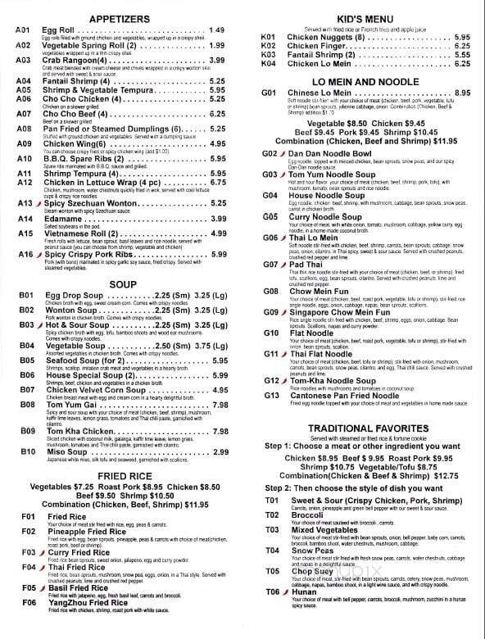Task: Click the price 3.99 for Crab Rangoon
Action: pyautogui.click(x=217, y=61)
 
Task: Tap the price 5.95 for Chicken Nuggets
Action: pyautogui.click(x=461, y=37)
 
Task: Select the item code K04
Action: pyautogui.click(x=269, y=64)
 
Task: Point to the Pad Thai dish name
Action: pyautogui.click(x=304, y=265)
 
